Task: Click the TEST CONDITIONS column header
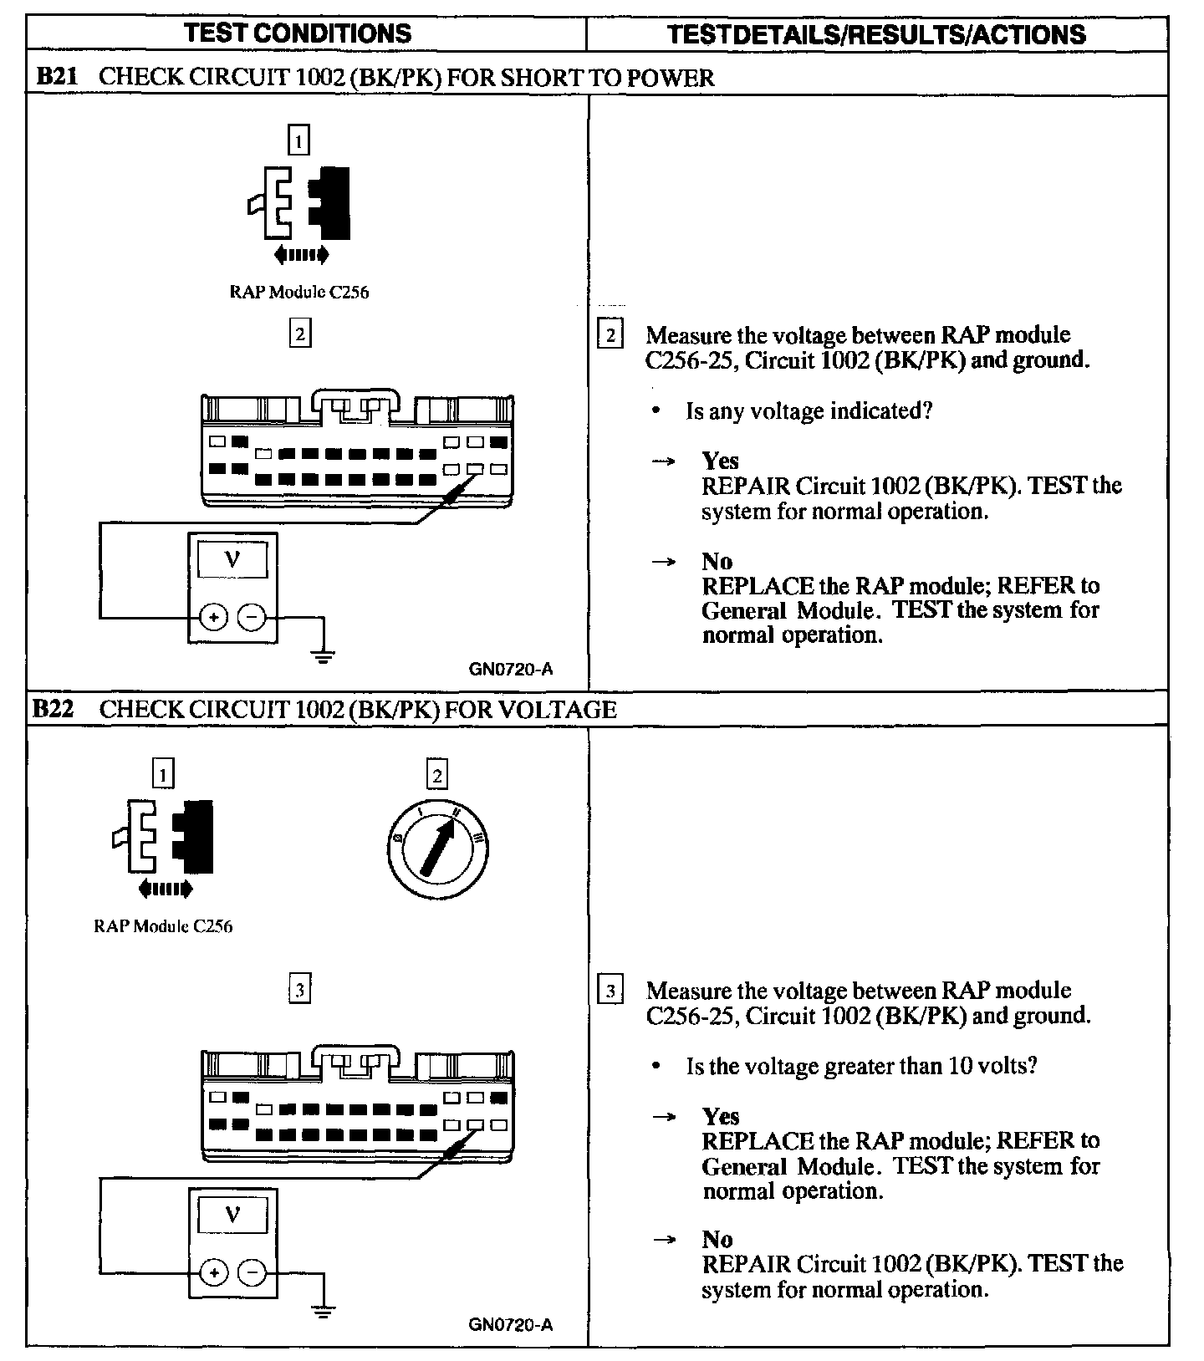[x=298, y=33]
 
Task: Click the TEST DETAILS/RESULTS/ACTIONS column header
[x=876, y=34]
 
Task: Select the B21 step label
[x=57, y=77]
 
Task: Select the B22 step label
[x=54, y=710]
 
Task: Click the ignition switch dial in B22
[x=438, y=849]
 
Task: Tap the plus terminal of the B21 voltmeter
[x=214, y=618]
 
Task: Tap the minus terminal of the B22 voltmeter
[x=252, y=1273]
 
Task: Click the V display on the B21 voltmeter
[x=232, y=559]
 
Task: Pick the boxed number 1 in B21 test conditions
[x=298, y=140]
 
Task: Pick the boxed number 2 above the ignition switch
[x=437, y=775]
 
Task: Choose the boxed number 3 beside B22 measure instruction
[x=610, y=991]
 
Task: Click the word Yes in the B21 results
[x=720, y=461]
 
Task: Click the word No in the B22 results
[x=717, y=1239]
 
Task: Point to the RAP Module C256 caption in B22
[x=163, y=926]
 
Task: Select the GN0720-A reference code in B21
[x=510, y=670]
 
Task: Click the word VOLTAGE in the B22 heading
[x=557, y=710]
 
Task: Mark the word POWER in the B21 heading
[x=671, y=78]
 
